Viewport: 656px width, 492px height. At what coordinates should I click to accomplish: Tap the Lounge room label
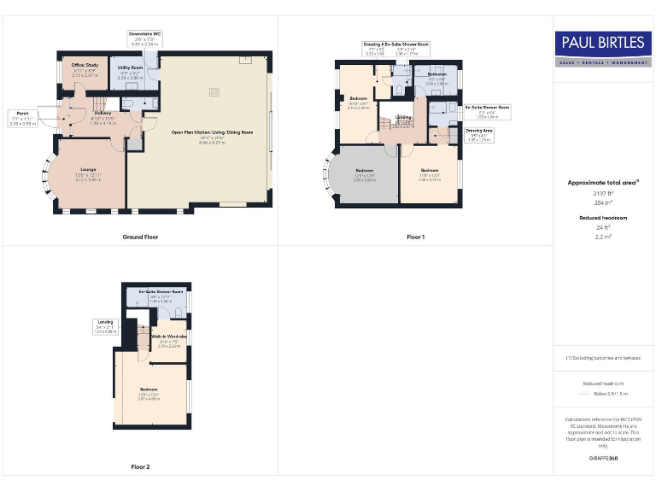click(x=88, y=171)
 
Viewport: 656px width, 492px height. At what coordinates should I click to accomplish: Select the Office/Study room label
click(x=85, y=64)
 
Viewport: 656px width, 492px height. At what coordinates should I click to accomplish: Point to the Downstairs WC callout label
click(x=144, y=34)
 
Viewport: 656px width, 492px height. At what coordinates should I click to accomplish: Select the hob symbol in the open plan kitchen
click(x=214, y=91)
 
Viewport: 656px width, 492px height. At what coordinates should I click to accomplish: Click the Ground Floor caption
click(x=140, y=237)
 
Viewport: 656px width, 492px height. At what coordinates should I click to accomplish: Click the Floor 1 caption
click(x=415, y=237)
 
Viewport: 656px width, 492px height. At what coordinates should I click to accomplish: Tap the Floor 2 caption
click(x=140, y=467)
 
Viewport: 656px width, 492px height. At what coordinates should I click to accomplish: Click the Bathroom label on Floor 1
click(x=436, y=75)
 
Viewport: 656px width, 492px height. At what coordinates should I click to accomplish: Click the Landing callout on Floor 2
click(x=105, y=321)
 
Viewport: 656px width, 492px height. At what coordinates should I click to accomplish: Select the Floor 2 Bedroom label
click(x=149, y=389)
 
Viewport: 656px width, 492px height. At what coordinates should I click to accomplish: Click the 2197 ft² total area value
click(x=603, y=194)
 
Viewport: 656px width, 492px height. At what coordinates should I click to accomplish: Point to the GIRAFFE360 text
click(x=603, y=459)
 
